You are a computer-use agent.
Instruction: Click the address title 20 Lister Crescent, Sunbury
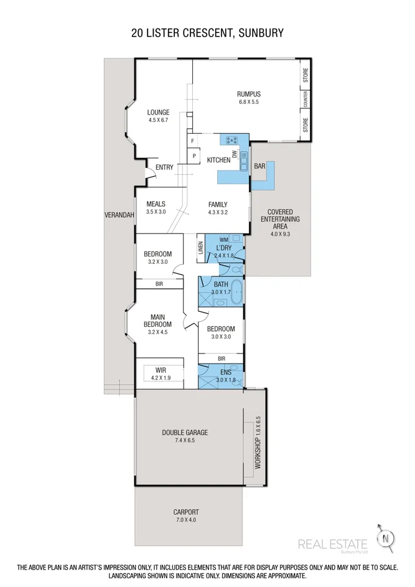click(x=207, y=32)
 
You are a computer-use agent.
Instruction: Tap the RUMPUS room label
click(x=248, y=94)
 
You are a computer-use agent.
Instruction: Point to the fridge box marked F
click(x=193, y=141)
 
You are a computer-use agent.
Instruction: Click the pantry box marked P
click(x=194, y=156)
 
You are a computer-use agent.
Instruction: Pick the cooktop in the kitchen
click(x=233, y=140)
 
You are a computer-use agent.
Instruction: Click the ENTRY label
click(x=164, y=167)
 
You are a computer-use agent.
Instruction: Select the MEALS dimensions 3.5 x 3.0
click(x=156, y=212)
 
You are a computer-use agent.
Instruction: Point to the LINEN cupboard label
click(x=200, y=247)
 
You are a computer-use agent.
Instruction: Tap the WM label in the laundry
click(x=223, y=240)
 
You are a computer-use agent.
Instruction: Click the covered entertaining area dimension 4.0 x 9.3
click(x=280, y=234)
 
